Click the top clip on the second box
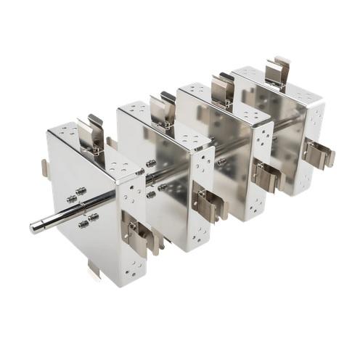163,109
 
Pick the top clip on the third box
222,88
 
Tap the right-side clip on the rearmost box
319,155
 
